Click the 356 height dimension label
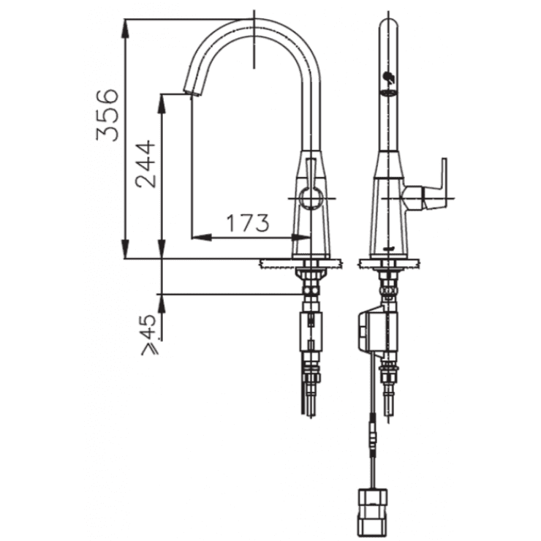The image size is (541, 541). click(108, 114)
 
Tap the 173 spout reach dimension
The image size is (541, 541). click(246, 222)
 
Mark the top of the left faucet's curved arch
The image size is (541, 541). click(253, 20)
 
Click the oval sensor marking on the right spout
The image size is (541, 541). click(388, 92)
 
